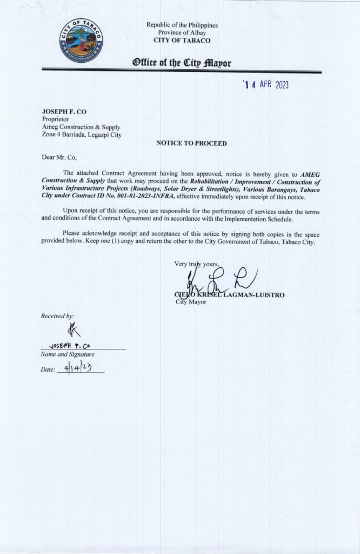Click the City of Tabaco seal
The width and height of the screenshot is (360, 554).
pos(82,40)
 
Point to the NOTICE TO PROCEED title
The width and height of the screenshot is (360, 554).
pos(191,143)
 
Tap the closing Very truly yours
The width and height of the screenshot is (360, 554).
pos(197,264)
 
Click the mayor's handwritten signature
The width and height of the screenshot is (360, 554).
pos(216,281)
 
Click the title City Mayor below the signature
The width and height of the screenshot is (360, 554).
pos(191,302)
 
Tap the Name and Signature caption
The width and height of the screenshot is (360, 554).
pos(68,354)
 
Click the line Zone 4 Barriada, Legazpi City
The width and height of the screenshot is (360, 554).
pos(82,135)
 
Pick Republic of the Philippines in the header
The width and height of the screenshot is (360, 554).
pos(182,25)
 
